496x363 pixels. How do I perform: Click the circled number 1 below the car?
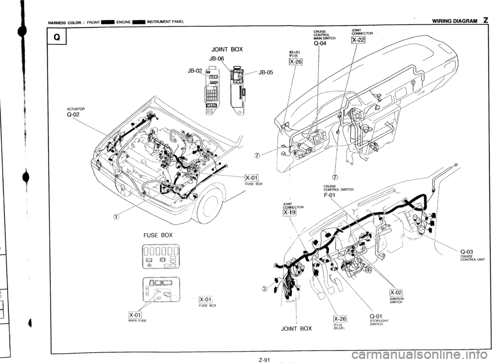[x=116, y=217]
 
